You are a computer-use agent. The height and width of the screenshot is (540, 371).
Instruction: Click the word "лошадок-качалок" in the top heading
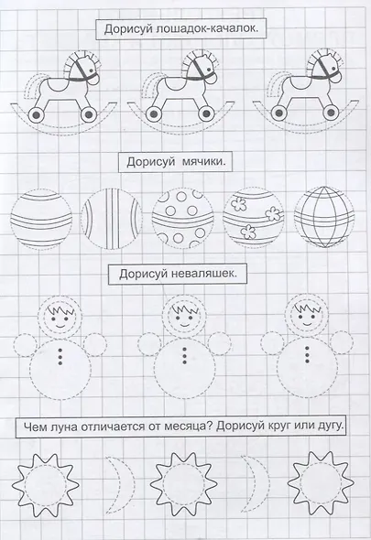coord(208,31)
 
